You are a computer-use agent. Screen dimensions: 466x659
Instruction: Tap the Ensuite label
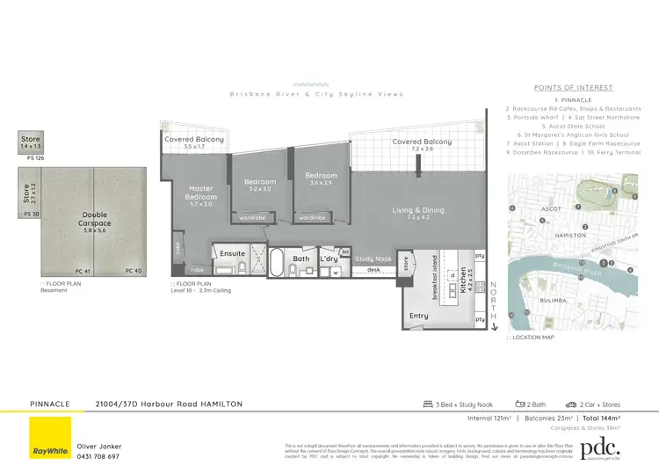(x=233, y=254)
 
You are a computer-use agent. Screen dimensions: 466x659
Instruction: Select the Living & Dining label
(x=419, y=210)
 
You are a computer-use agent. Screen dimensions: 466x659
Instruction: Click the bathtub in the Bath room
(x=279, y=263)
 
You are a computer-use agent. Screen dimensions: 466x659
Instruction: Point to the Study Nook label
(x=373, y=259)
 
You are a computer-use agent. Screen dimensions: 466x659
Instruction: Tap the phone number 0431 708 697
(x=102, y=457)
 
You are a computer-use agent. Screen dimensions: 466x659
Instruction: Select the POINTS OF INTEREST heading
(x=574, y=88)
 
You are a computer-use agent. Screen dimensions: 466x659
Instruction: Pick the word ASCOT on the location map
(x=552, y=209)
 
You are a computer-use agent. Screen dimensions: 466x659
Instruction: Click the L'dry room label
(x=329, y=259)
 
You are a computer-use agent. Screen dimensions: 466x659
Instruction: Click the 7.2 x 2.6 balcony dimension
(x=422, y=149)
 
